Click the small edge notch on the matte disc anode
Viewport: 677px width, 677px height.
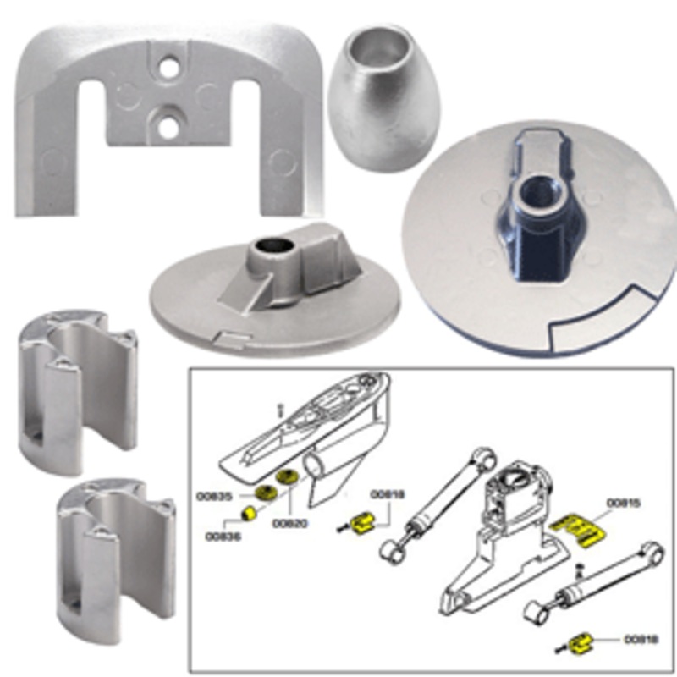tap(228, 339)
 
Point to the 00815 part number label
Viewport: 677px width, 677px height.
tap(624, 503)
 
